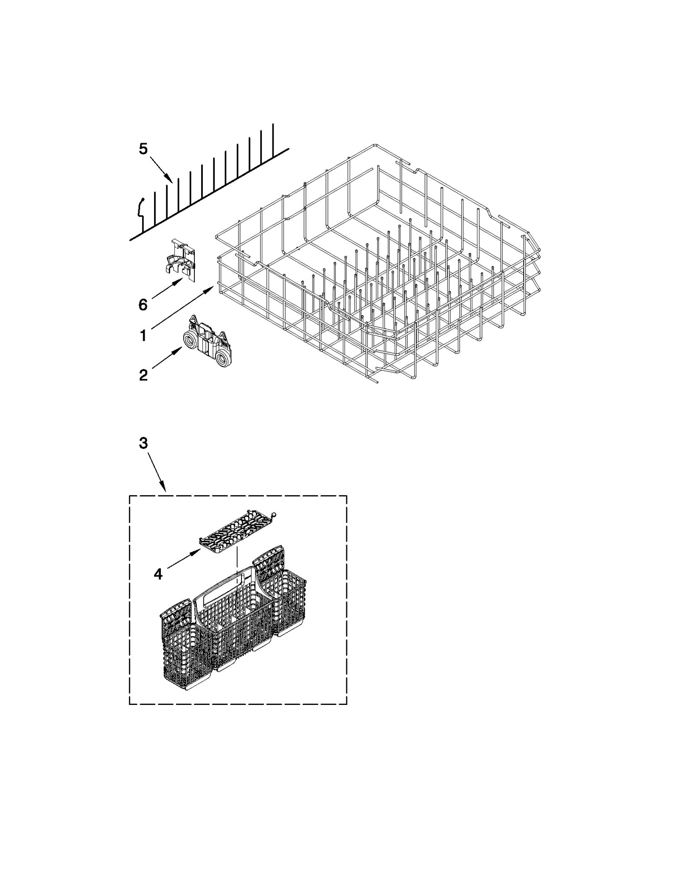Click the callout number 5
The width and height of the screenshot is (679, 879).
(143, 149)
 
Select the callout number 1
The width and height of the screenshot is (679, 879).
(143, 336)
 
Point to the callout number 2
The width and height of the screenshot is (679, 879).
(143, 375)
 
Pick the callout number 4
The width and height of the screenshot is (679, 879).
(158, 574)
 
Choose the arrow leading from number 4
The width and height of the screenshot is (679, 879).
(184, 558)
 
